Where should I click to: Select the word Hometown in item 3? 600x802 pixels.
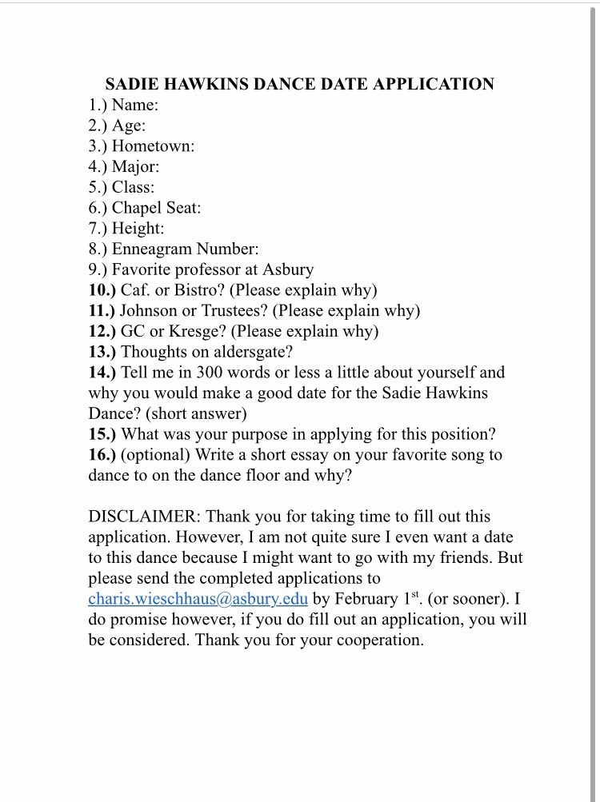[153, 146]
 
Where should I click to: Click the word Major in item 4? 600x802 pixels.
[135, 166]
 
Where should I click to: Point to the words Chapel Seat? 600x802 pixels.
[156, 208]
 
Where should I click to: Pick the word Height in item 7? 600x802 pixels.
[138, 229]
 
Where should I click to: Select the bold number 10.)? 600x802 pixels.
[102, 289]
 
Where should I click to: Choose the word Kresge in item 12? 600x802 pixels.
[190, 331]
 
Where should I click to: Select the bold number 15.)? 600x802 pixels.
[102, 434]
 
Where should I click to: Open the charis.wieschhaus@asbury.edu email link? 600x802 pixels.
[198, 600]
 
